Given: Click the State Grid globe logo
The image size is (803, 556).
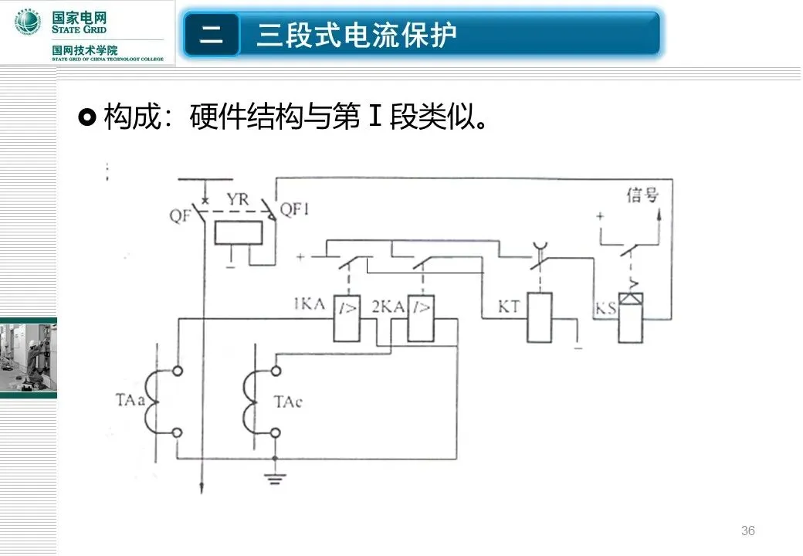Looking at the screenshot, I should pos(29,22).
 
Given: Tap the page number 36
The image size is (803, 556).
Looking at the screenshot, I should pos(747,531).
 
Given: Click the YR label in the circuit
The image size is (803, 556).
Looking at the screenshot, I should pos(238,199).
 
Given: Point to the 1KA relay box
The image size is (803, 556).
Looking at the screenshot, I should pos(348,317).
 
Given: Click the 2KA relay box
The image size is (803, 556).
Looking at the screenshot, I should pos(420,317).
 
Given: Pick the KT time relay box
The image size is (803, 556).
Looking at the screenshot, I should pos(539,317).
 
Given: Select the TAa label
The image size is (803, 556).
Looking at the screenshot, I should pos(129,401).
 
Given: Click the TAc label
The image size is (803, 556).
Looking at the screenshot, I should pos(289,402).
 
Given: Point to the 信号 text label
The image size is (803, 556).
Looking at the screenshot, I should pos(642,195).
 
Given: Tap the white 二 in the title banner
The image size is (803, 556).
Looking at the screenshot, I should pos(212,35).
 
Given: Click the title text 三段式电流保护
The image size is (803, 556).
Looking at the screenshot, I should pos(357,35).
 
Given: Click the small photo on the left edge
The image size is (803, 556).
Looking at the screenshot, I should pos(28,356).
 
